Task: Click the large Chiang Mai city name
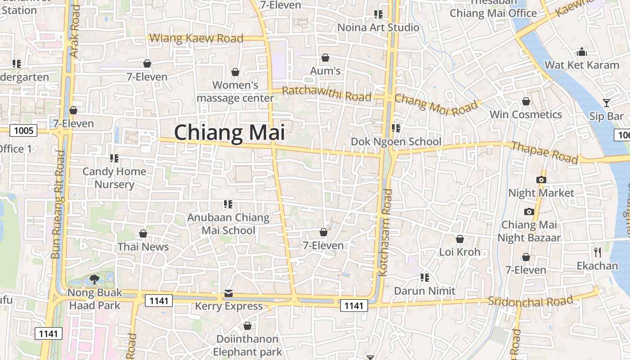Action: point(229,133)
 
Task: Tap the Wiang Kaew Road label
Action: point(196,38)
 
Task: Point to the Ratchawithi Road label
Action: point(327,94)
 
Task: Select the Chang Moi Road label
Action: point(436,104)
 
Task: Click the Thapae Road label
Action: point(544,153)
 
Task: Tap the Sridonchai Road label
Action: point(531,301)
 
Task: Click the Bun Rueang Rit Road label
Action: point(58,204)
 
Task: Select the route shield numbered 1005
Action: point(23,131)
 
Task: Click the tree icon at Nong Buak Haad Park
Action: point(94,279)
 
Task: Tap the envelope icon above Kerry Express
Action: point(229,294)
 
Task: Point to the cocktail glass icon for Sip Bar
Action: point(607,103)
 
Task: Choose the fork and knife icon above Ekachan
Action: point(598,252)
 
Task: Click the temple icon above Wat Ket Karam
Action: point(582,52)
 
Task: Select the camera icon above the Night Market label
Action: point(541,180)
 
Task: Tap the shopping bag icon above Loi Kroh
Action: point(460,239)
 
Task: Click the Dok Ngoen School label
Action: point(396,142)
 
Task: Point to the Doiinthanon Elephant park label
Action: point(247,345)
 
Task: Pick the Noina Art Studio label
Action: point(378,27)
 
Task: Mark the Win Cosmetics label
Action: point(526,115)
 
